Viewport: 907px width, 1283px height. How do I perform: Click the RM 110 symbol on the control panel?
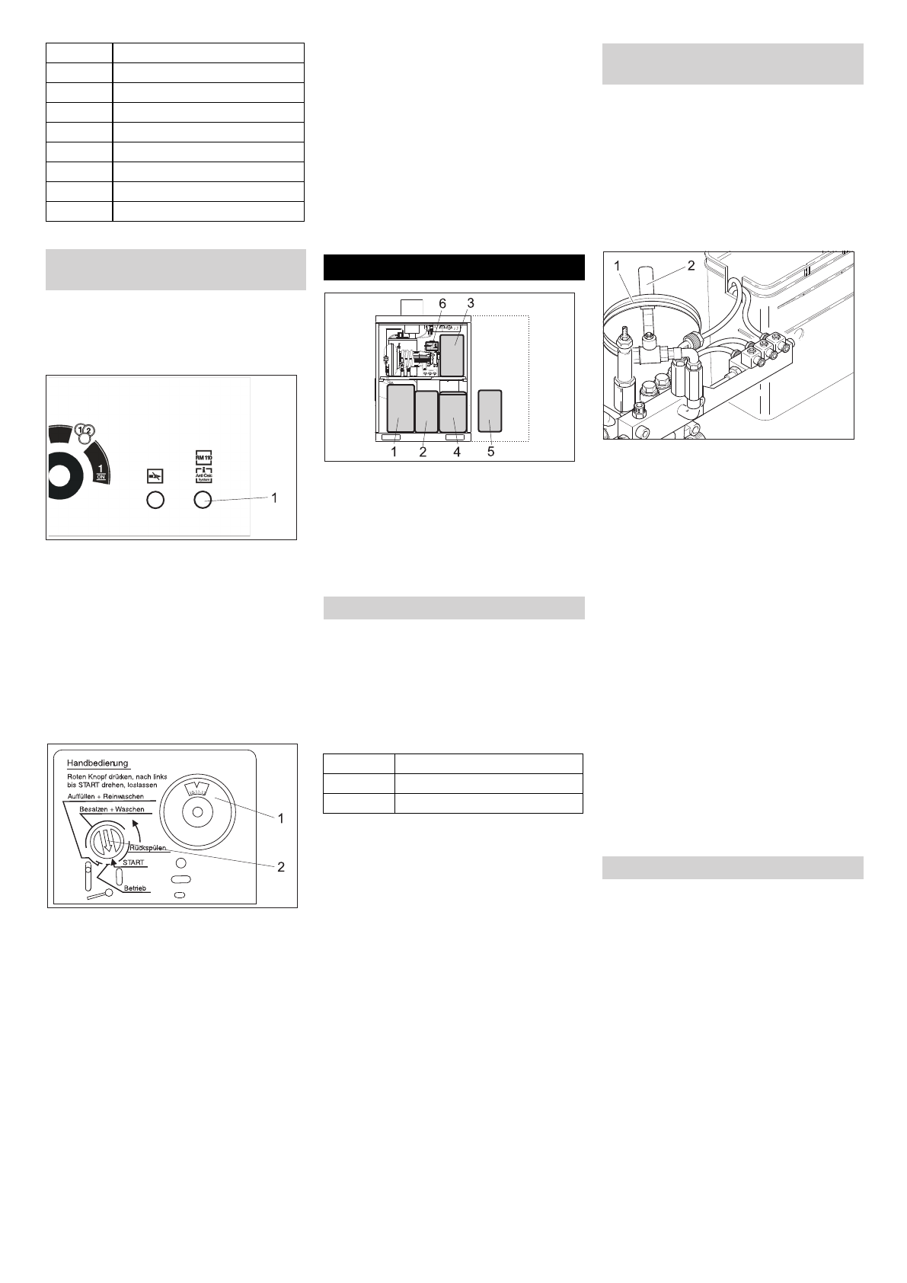click(x=203, y=457)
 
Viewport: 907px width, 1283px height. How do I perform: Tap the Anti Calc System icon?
click(x=203, y=477)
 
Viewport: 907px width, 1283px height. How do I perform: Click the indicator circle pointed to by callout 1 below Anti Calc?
click(x=203, y=500)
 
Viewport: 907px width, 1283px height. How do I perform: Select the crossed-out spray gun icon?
click(x=155, y=476)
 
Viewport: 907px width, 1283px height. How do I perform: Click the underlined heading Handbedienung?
click(x=98, y=763)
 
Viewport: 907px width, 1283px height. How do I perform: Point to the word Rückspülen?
click(x=148, y=847)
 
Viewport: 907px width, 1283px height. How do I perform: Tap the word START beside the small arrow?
click(x=133, y=862)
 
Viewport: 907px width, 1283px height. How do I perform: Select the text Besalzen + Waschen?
click(x=111, y=810)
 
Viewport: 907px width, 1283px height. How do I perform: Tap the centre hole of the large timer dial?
click(x=198, y=813)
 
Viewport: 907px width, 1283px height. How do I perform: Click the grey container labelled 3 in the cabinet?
click(x=452, y=355)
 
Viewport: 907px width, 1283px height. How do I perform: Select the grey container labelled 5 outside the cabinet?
click(x=490, y=411)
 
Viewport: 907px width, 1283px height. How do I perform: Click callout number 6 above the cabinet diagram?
click(x=442, y=303)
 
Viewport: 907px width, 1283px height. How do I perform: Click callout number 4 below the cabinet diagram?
click(x=457, y=452)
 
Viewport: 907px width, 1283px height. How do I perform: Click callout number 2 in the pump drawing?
click(x=691, y=266)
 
